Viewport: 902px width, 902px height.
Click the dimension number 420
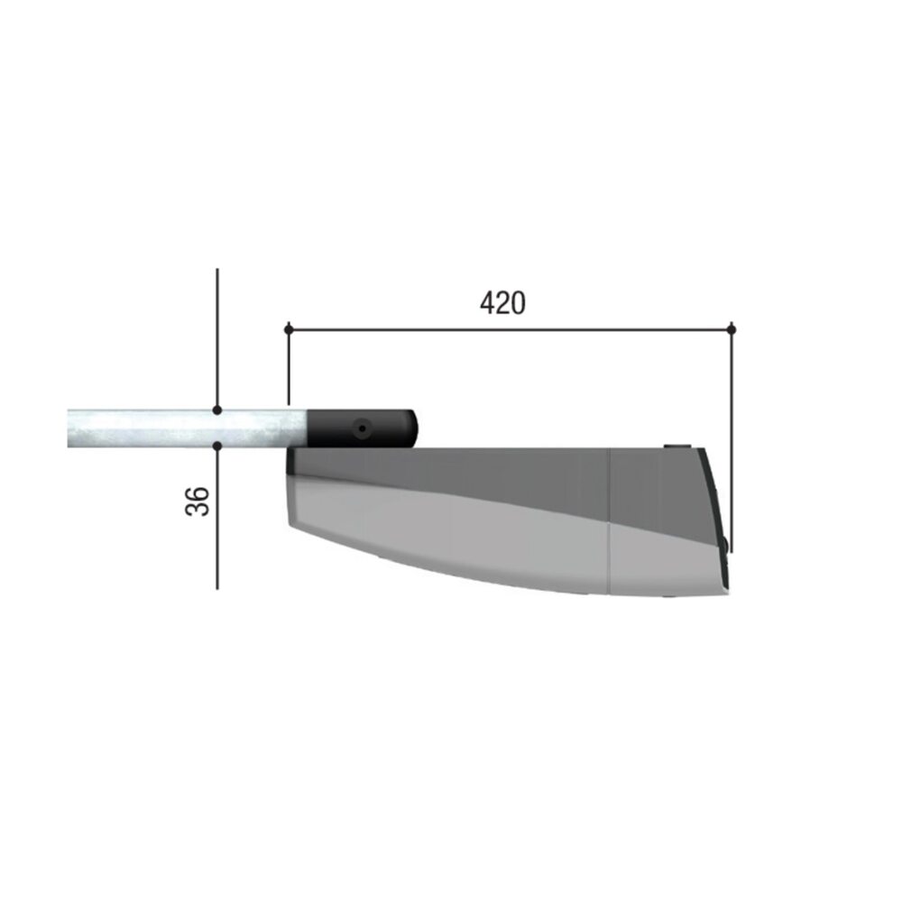click(502, 302)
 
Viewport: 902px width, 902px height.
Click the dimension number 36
click(198, 501)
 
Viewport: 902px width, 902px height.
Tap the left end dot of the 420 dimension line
click(289, 329)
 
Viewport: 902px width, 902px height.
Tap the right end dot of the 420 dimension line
click(732, 329)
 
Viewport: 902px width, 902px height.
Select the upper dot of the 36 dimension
click(216, 410)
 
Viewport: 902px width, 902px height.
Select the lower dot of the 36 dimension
click(216, 446)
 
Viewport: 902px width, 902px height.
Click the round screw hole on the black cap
click(362, 428)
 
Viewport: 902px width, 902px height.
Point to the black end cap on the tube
click(362, 428)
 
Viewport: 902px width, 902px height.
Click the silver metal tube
click(187, 428)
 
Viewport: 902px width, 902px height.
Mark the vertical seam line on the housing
click(609, 520)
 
